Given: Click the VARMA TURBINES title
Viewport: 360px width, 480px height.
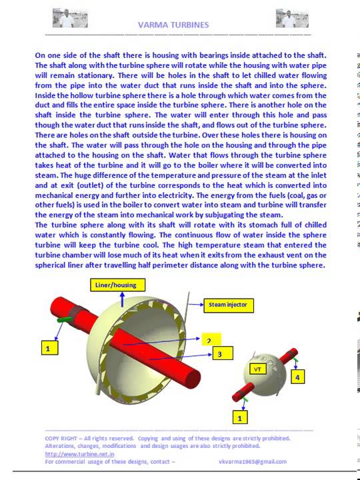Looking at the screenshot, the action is [x=173, y=25].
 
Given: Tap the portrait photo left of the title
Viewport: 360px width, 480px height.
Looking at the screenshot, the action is [x=65, y=18].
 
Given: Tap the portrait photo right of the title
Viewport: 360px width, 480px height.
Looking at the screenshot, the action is [x=291, y=18].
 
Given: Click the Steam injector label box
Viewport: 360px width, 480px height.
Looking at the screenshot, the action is [x=227, y=305].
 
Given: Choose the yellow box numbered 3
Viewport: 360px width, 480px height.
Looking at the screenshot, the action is [x=220, y=354].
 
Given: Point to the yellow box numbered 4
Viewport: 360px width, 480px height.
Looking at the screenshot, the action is [x=297, y=377].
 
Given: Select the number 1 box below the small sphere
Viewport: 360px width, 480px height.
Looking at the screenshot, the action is [x=240, y=418].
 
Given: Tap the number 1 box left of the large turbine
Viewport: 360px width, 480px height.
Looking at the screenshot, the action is [x=47, y=347].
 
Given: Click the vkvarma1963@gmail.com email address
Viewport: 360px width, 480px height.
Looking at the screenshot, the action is [x=252, y=461].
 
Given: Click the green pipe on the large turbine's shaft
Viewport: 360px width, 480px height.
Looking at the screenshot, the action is [x=65, y=321].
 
